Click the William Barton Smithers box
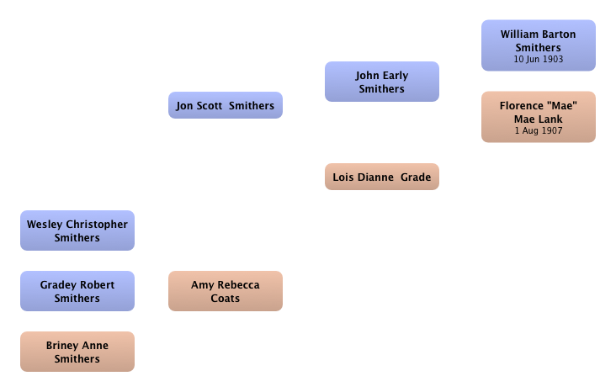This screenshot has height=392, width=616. pos(539,45)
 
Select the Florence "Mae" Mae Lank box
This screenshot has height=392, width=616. pos(539,117)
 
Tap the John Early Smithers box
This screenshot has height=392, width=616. pos(382,82)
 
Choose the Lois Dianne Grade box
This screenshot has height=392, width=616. pos(382,177)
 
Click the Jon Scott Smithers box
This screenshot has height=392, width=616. pos(226,105)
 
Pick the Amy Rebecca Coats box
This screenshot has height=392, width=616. pos(226,291)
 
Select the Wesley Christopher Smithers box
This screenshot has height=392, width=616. pos(77,230)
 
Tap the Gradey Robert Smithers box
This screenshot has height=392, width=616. pos(77,291)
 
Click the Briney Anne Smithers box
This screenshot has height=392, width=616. pos(77,352)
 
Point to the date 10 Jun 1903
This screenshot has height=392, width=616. pos(539,59)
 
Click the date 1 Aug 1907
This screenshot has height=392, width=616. pos(539,130)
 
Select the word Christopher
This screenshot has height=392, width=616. pos(97,225)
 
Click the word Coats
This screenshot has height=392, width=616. pos(225,298)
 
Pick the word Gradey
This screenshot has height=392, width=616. pos(58,285)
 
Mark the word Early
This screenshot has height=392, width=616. pos(396,76)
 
